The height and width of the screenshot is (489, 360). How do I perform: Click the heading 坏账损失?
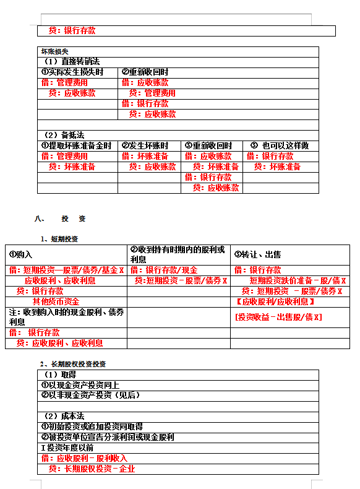pyautogui.click(x=54, y=51)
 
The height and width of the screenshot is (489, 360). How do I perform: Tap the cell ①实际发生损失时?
pyautogui.click(x=72, y=72)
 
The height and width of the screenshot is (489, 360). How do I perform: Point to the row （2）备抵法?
pyautogui.click(x=64, y=135)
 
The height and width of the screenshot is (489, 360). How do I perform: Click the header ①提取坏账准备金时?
pyautogui.click(x=76, y=145)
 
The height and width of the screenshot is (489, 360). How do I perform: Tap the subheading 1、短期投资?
pyautogui.click(x=59, y=239)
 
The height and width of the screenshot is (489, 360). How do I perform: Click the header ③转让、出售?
pyautogui.click(x=258, y=254)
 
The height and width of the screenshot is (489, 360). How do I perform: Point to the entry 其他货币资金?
pyautogui.click(x=56, y=301)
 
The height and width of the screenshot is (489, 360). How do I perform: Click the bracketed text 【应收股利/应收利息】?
pyautogui.click(x=276, y=301)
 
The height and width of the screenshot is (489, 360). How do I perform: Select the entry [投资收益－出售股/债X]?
pyautogui.click(x=278, y=317)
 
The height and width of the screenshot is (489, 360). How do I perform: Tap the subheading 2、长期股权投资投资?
pyautogui.click(x=73, y=363)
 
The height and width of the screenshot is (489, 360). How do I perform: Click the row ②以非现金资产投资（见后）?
pyautogui.click(x=90, y=395)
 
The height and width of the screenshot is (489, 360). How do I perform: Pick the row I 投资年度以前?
pyautogui.click(x=68, y=447)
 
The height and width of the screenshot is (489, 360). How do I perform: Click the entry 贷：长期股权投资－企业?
pyautogui.click(x=92, y=469)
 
